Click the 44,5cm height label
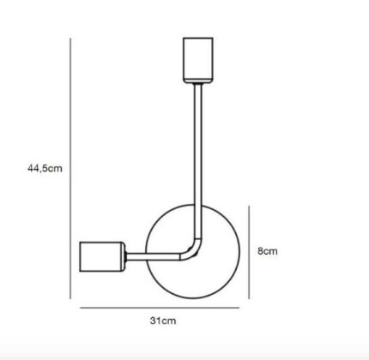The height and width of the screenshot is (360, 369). coord(45,168)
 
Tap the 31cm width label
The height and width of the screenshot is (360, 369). coord(163,321)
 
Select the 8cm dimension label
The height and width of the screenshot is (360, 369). coord(268,251)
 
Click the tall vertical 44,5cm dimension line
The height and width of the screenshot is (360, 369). coord(70,169)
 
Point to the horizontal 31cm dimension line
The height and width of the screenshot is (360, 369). coord(160,308)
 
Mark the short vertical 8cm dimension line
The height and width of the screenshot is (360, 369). coord(249,252)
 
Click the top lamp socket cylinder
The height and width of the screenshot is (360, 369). coord(198,60)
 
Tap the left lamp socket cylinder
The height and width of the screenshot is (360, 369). coord(102,256)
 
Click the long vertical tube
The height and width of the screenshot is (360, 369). coord(198,160)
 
